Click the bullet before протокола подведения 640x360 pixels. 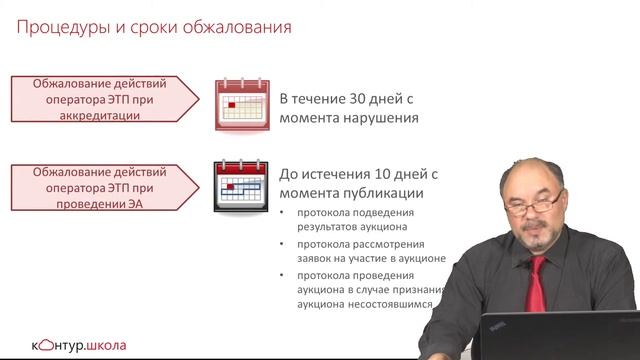(283, 214)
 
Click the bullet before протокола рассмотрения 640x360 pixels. (283, 245)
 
